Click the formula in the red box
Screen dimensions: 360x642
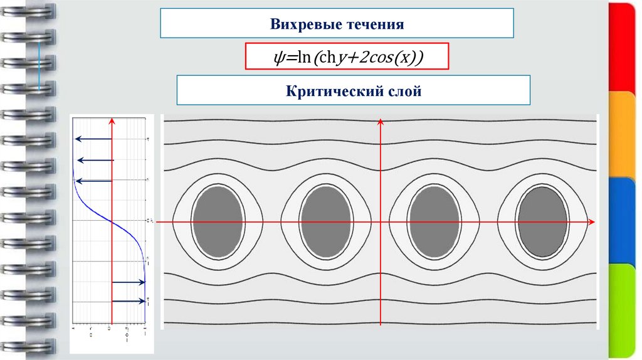pyautogui.click(x=347, y=58)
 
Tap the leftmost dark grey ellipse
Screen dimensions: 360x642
pyautogui.click(x=218, y=221)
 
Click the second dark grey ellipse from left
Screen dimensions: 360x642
pyautogui.click(x=325, y=221)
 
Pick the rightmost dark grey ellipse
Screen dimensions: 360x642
pyautogui.click(x=543, y=221)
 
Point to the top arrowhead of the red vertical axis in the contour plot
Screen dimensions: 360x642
pyautogui.click(x=381, y=121)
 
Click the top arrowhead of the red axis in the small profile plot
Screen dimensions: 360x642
pyautogui.click(x=112, y=121)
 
